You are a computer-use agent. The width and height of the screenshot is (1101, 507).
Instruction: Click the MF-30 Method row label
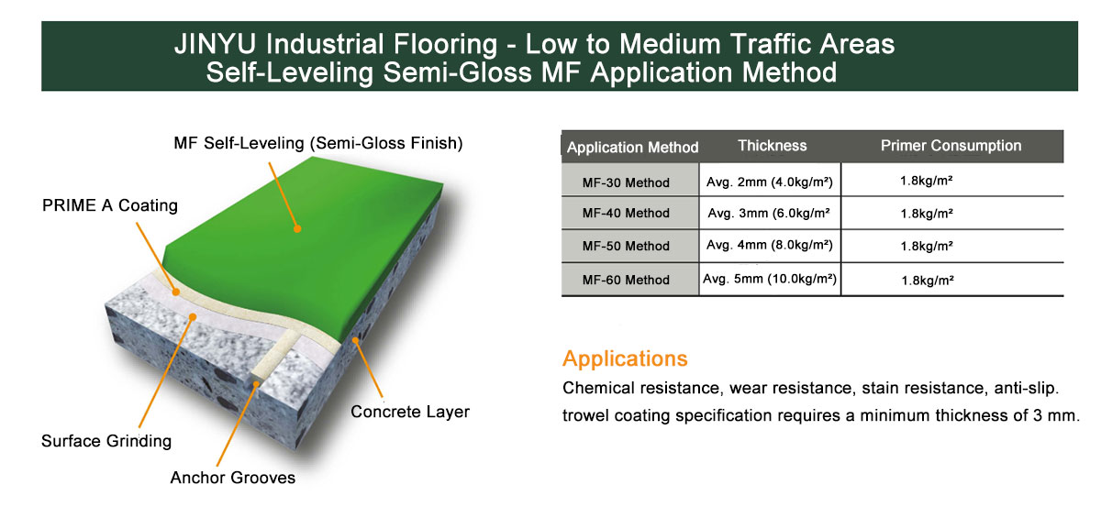tap(626, 182)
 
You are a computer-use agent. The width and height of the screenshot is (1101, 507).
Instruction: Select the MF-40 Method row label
tap(626, 214)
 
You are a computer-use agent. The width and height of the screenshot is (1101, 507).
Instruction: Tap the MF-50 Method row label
tap(626, 246)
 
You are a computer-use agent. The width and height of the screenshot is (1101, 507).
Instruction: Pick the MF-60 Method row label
tap(626, 280)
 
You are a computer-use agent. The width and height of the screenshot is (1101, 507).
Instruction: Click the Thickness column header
tap(773, 146)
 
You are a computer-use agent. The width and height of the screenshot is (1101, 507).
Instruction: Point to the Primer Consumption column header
tap(951, 146)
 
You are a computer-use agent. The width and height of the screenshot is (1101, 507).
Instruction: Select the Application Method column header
tap(632, 148)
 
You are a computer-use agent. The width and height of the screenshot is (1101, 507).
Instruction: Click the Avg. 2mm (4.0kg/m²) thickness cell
tap(770, 182)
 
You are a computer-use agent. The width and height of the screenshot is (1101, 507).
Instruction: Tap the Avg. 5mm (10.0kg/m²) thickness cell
tap(770, 279)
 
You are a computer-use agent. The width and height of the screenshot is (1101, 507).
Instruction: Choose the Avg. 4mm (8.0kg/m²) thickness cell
tap(770, 245)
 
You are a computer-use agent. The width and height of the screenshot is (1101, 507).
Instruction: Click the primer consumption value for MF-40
tap(927, 214)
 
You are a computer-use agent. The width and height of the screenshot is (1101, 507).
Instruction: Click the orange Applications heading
tap(625, 359)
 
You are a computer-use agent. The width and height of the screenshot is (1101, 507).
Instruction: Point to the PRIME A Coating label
tap(110, 205)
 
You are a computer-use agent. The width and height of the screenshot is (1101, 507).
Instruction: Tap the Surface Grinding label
tap(106, 441)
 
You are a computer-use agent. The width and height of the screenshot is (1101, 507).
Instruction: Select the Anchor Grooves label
tap(232, 478)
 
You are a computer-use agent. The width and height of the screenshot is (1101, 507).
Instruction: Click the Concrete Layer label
tap(410, 412)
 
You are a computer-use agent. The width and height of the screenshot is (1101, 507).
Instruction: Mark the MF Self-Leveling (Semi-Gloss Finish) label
tap(318, 143)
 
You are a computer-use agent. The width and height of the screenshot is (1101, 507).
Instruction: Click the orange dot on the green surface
tap(297, 229)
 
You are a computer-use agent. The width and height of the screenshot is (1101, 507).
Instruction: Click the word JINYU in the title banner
tap(216, 44)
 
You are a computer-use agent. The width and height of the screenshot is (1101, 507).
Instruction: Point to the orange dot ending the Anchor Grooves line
tap(256, 384)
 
